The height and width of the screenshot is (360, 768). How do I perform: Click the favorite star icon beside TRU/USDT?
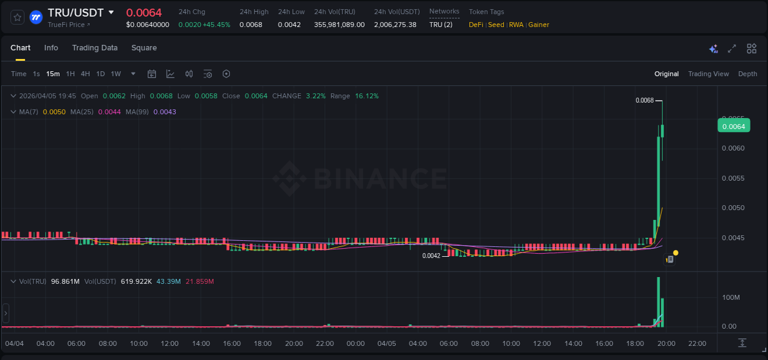18,17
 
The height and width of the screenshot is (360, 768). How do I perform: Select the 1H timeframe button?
70,74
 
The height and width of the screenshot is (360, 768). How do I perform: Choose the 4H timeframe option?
85,74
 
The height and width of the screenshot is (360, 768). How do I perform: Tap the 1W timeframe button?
116,74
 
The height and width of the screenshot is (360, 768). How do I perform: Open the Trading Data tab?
95,48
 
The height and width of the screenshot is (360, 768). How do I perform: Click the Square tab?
144,48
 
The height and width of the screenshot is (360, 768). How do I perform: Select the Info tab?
51,48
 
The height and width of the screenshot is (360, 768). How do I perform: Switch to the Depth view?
747,74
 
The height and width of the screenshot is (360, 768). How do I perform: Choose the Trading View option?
708,74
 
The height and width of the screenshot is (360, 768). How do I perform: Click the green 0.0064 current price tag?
734,126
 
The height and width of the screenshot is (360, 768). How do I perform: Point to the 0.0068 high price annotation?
645,100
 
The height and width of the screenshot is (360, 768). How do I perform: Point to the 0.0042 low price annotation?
431,256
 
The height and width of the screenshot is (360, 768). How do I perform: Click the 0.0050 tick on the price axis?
733,208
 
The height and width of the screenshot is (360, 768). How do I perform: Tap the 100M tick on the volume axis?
730,297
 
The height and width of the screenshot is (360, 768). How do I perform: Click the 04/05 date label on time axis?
386,343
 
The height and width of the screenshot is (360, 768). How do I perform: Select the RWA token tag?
515,25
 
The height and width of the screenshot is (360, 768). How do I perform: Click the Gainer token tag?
538,25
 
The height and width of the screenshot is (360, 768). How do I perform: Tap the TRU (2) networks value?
441,25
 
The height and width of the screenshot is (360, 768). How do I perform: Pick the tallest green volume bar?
658,301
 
